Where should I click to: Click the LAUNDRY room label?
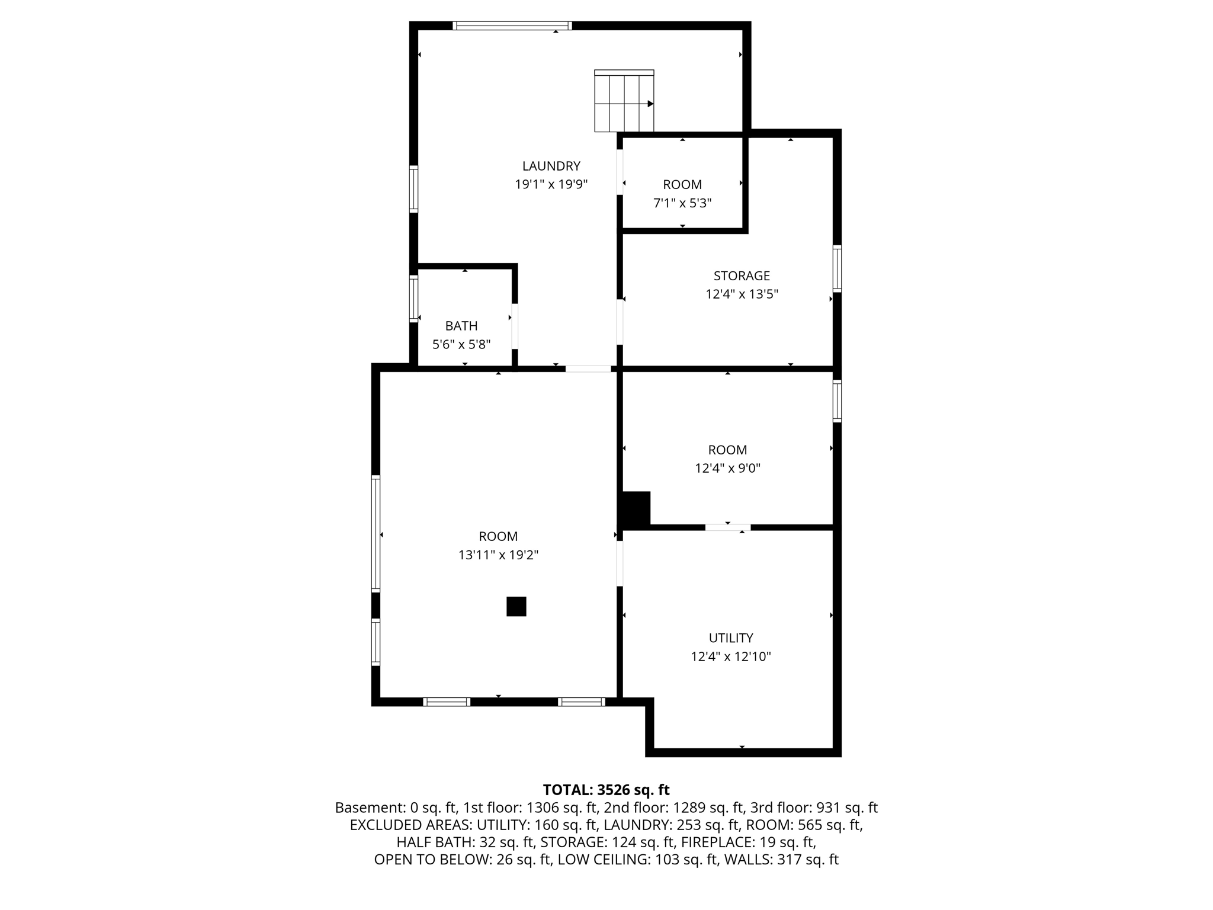point(551,166)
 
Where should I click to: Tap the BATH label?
point(461,326)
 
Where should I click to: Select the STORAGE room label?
point(742,276)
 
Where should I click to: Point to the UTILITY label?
point(731,638)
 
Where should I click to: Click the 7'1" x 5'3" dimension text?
point(682,203)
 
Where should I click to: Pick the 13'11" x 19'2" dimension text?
point(498,555)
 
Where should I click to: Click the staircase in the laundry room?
point(624,101)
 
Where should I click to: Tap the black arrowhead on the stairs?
point(650,104)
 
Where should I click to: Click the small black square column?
point(516,607)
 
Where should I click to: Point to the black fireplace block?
point(635,509)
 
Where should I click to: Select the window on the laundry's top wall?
point(512,25)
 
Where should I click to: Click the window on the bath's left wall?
point(414,298)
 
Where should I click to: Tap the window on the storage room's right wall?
point(837,268)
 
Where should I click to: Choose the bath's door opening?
point(515,326)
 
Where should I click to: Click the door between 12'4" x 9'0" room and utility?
point(727,527)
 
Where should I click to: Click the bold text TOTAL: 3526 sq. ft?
point(606,790)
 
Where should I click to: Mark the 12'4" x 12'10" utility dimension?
point(731,656)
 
